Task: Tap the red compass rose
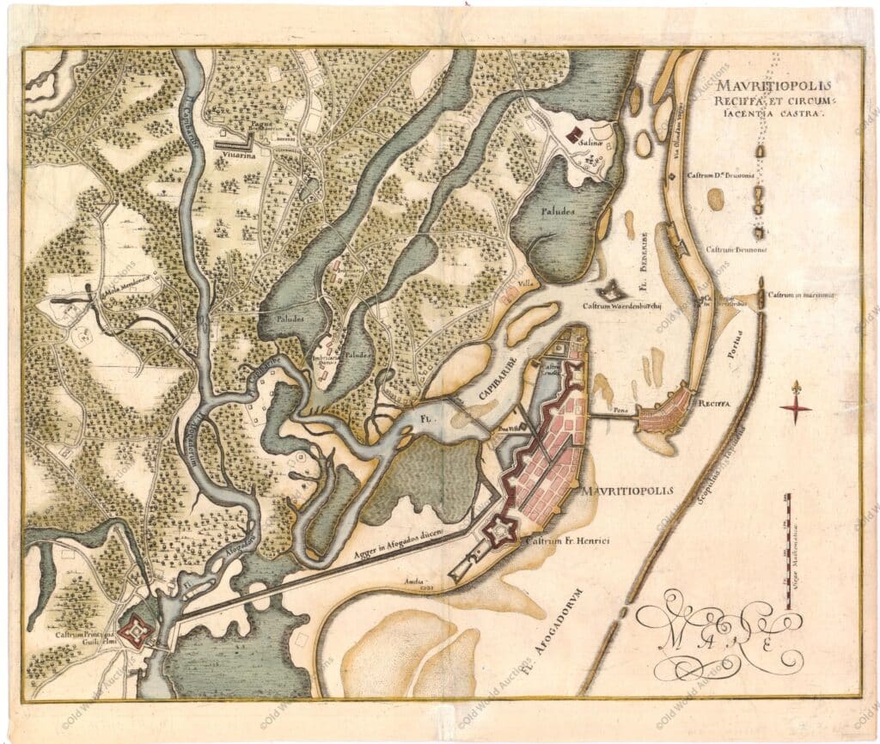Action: click(x=796, y=408)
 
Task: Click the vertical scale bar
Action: click(x=784, y=556)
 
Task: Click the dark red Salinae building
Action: click(x=573, y=134)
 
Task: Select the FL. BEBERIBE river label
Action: click(x=644, y=255)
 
